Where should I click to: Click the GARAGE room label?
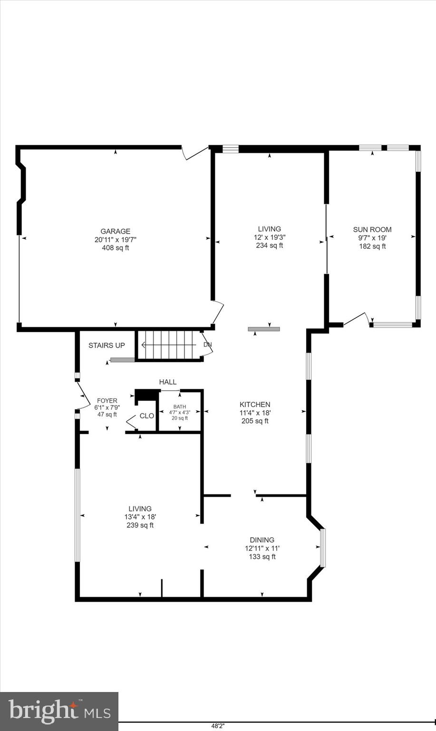click(115, 231)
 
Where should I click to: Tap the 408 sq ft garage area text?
click(115, 248)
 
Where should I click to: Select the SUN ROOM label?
click(372, 229)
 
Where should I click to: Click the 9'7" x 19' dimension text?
click(372, 238)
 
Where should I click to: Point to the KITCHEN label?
click(255, 405)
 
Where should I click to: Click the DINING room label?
click(262, 540)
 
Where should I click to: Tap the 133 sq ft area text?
click(262, 556)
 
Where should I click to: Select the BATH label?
click(180, 406)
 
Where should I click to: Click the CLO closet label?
click(146, 416)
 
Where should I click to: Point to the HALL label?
click(167, 382)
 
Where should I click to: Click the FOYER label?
click(107, 401)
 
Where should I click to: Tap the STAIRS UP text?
click(107, 346)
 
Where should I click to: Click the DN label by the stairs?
click(207, 345)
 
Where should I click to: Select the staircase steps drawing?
click(169, 345)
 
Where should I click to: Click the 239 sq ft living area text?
click(140, 525)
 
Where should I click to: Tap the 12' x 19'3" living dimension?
click(270, 237)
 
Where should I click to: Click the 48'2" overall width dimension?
click(218, 726)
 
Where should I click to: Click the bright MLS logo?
click(59, 711)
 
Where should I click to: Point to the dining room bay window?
click(323, 548)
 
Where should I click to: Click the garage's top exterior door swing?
click(194, 153)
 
